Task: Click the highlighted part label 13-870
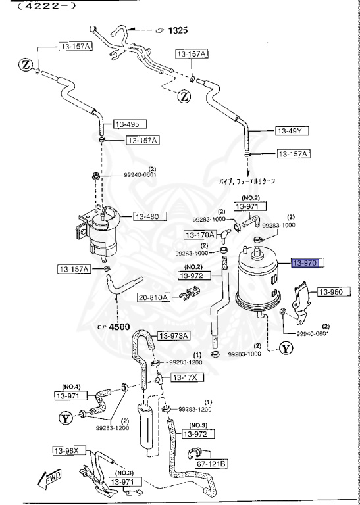306,263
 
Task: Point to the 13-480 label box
150,216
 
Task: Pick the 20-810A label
153,297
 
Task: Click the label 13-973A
173,335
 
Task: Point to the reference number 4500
119,326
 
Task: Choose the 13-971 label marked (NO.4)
70,395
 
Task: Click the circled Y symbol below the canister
286,349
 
